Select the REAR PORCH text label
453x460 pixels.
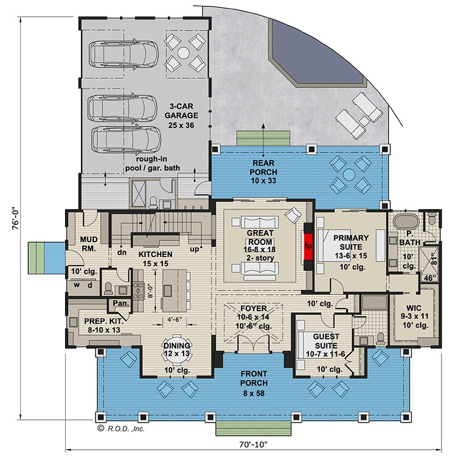[x=264, y=172]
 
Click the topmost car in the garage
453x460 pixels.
[x=124, y=53]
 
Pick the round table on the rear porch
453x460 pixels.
[x=349, y=174]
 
